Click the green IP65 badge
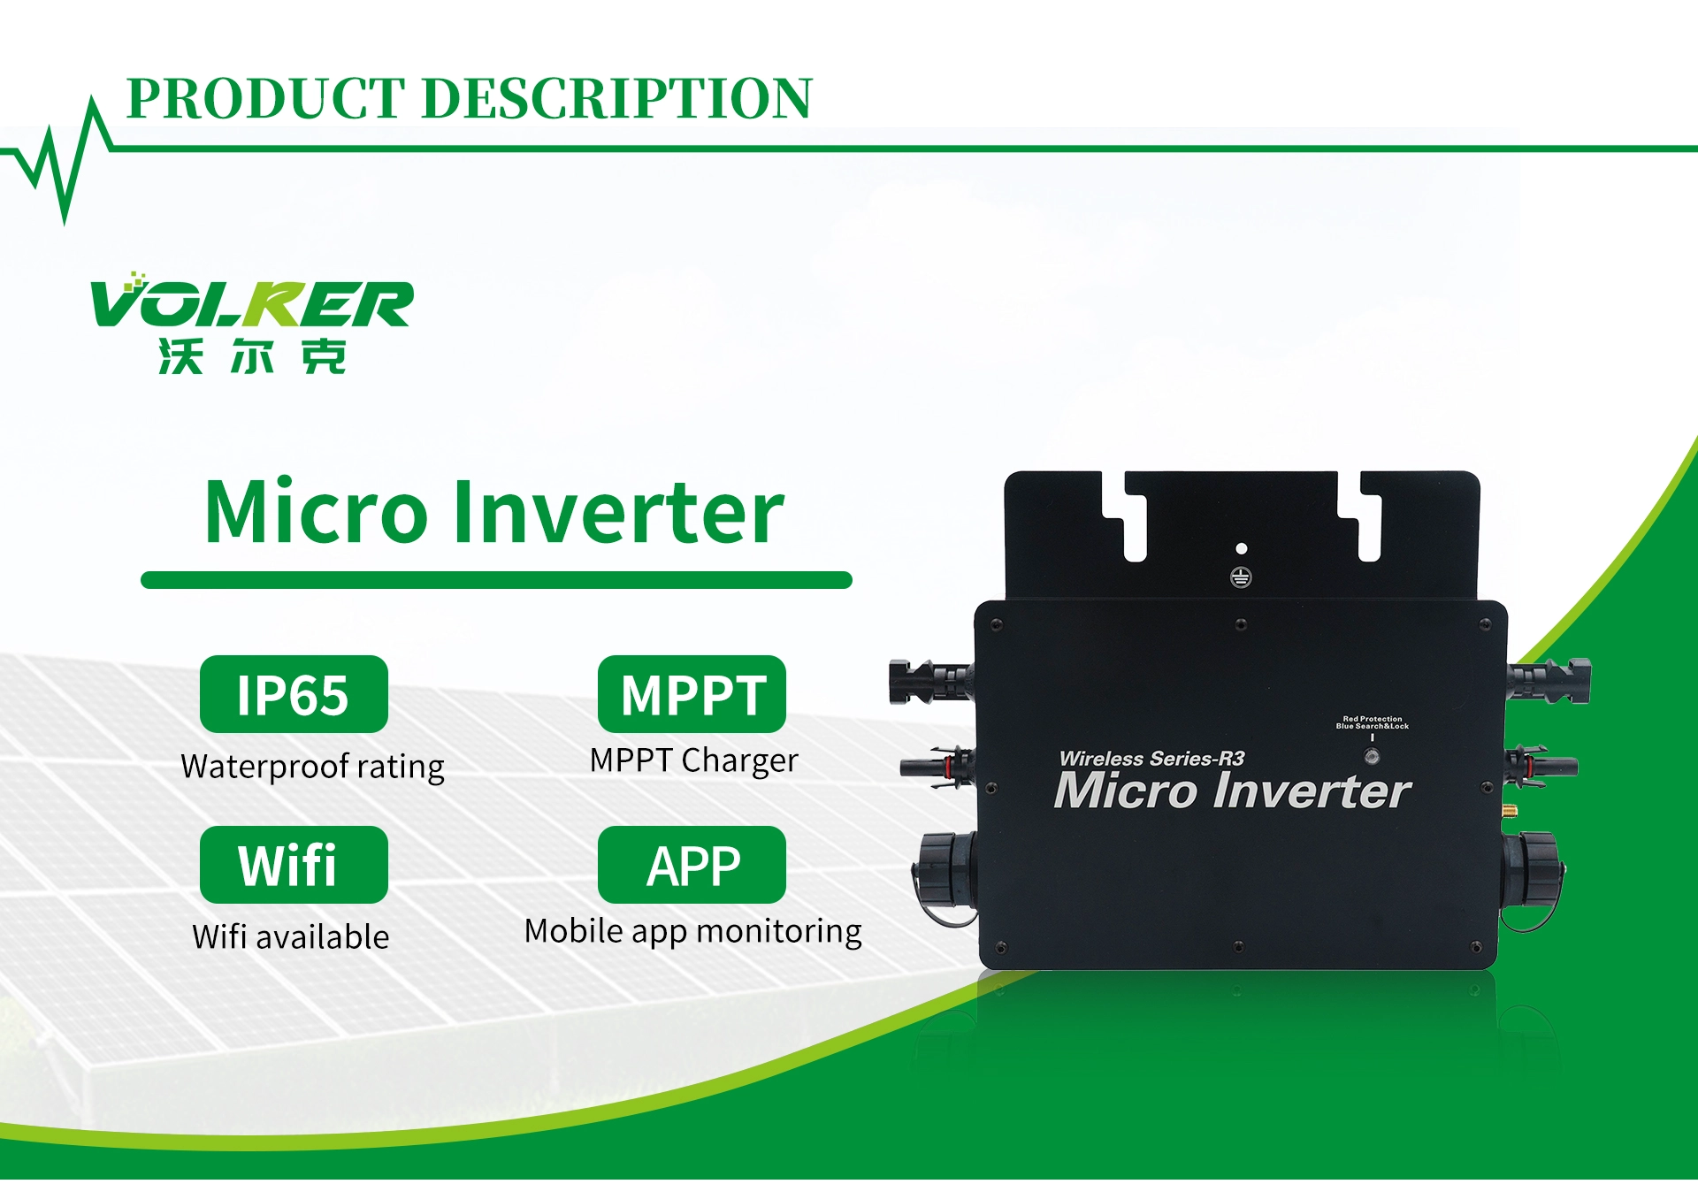point(294,695)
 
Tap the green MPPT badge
point(692,695)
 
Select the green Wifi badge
point(294,866)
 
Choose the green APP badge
point(692,866)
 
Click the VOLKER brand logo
point(251,301)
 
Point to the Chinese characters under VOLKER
point(252,356)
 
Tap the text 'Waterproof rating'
point(312,767)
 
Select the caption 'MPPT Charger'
point(693,761)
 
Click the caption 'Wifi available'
point(291,936)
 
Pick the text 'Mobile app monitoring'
point(692,932)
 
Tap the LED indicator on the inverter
point(1372,757)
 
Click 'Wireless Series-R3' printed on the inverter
point(1151,759)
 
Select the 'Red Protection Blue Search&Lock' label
point(1372,723)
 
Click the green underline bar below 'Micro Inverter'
point(496,581)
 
